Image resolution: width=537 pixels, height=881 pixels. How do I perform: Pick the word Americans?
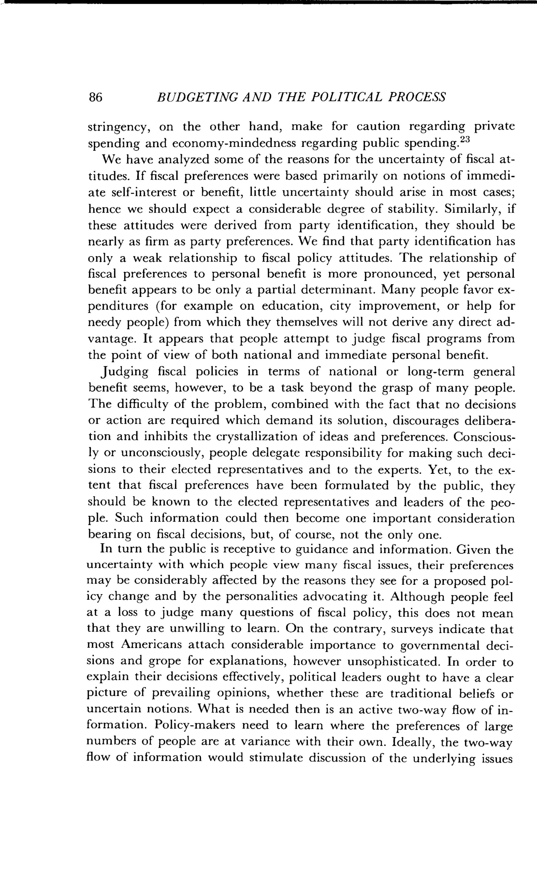(151, 645)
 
